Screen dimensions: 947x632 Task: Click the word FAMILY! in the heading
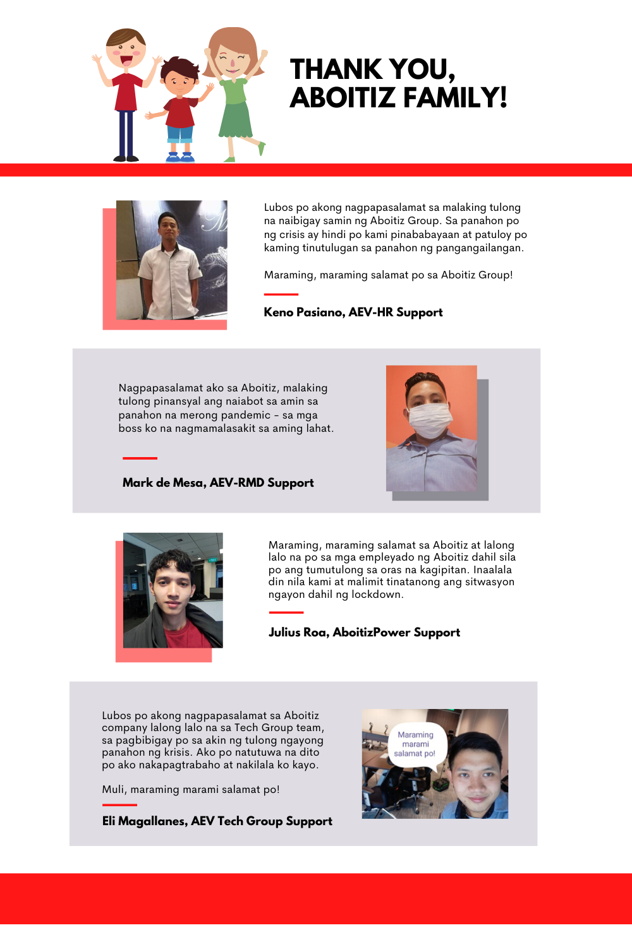click(x=455, y=98)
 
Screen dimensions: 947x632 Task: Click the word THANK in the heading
click(x=336, y=69)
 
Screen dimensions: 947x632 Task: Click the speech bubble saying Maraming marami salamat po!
click(x=415, y=744)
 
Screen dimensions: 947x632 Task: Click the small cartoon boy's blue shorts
click(x=180, y=134)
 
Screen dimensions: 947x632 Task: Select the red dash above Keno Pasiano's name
click(x=281, y=294)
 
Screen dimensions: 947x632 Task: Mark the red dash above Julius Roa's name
click(x=286, y=612)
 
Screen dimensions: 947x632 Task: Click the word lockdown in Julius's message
click(x=376, y=594)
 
